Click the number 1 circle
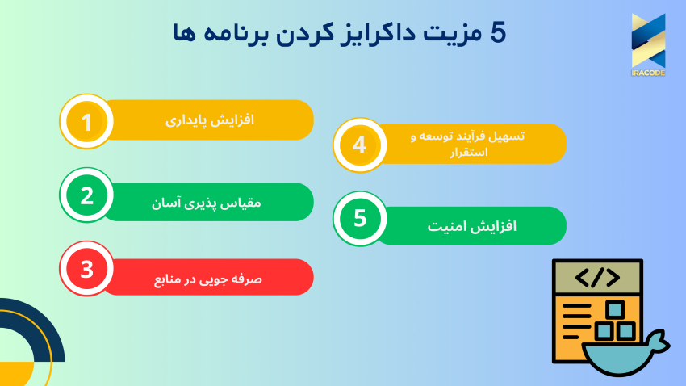click(x=86, y=122)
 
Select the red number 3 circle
click(x=86, y=268)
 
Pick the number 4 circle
click(x=360, y=145)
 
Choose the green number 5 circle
click(x=360, y=219)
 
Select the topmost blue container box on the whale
click(x=616, y=308)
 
